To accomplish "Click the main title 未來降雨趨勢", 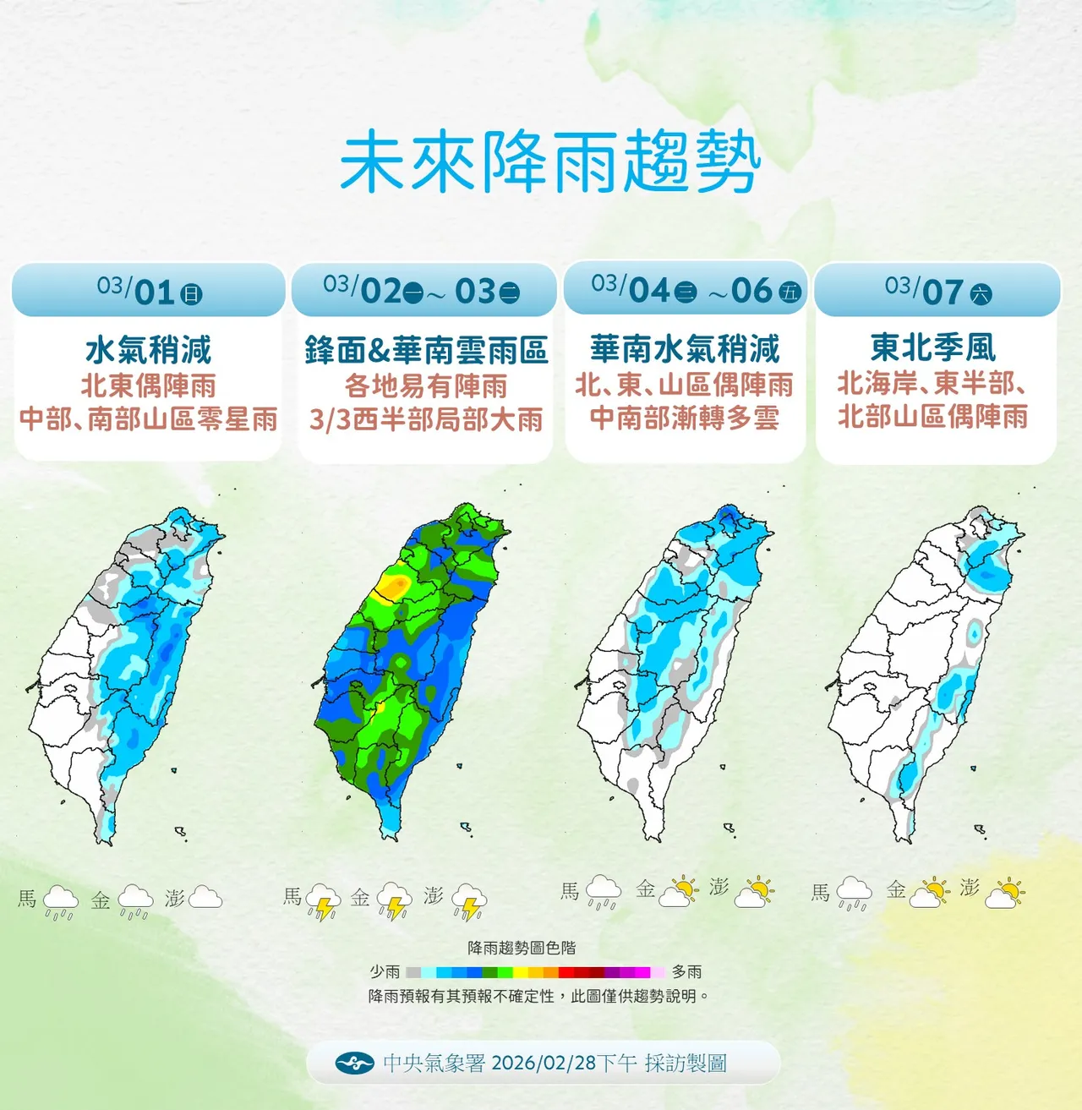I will coord(550,162).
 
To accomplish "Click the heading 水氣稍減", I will coord(149,349).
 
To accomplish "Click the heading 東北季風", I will coord(933,347).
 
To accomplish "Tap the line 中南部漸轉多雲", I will coord(685,418).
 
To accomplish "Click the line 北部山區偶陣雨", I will coord(933,416).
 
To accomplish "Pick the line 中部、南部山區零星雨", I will coord(149,419).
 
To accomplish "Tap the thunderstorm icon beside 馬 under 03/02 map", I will coord(322,902).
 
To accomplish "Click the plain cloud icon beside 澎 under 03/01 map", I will coord(205,898).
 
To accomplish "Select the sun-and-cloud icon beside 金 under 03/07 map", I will coord(931,893).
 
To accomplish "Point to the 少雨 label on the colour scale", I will coord(385,972).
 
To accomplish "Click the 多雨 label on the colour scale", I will coord(686,972).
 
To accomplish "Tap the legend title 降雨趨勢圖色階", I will coord(522,949).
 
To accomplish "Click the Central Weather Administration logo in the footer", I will coord(354,1064).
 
